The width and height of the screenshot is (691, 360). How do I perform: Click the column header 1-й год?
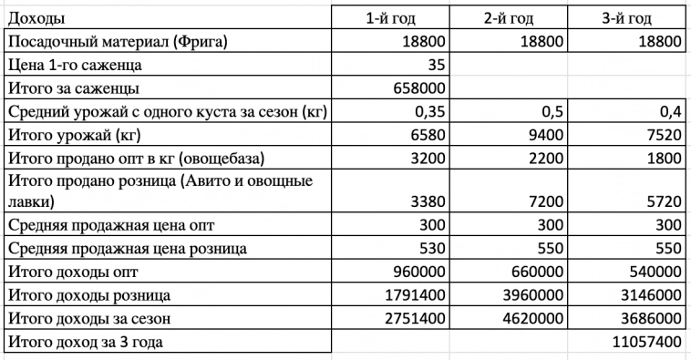tap(390, 18)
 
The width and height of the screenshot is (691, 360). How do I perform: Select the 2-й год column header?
tap(509, 18)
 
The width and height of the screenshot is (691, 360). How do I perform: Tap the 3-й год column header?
tap(626, 18)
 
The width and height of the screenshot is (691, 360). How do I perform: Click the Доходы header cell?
tap(36, 18)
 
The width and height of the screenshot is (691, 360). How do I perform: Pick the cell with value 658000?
tap(417, 89)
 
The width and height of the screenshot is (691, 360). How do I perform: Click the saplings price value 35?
tap(435, 66)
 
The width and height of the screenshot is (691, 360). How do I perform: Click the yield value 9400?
tap(544, 136)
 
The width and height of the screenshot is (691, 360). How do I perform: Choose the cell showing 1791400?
tap(409, 295)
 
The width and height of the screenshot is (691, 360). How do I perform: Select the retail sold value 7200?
tap(544, 200)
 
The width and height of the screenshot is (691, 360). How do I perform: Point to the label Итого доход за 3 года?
tap(90, 343)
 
